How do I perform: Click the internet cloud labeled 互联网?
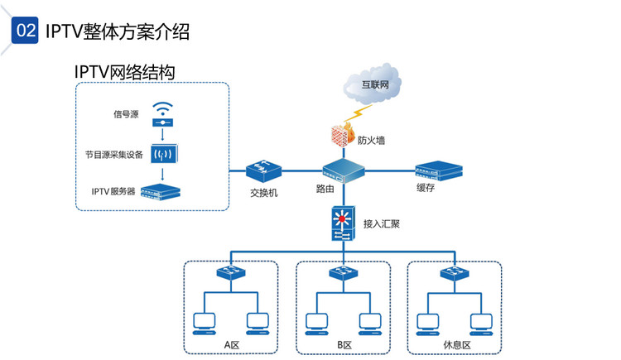(369, 84)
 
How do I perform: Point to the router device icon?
(343, 172)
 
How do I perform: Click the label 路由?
(325, 190)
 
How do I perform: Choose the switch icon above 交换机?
(264, 172)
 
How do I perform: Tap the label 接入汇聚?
(382, 223)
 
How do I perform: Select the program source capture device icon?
(163, 154)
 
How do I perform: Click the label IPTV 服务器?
(113, 192)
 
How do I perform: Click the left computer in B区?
(316, 323)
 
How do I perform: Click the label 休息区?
(456, 345)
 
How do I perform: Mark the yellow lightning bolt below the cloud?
(361, 111)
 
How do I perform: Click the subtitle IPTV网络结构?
(124, 72)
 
